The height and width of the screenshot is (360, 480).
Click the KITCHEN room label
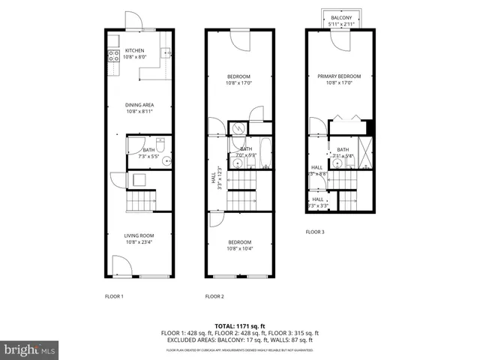pyautogui.click(x=134, y=51)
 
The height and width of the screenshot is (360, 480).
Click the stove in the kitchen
pyautogui.click(x=114, y=54)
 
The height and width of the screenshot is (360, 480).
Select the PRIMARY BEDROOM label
pyautogui.click(x=339, y=76)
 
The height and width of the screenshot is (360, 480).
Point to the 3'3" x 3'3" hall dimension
pyautogui.click(x=318, y=205)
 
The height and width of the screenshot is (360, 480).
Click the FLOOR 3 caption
pyautogui.click(x=315, y=232)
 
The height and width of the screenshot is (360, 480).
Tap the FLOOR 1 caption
pyautogui.click(x=114, y=296)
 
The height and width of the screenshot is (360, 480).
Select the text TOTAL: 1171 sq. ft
pyautogui.click(x=240, y=325)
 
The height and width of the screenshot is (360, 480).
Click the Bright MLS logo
pyautogui.click(x=30, y=349)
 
